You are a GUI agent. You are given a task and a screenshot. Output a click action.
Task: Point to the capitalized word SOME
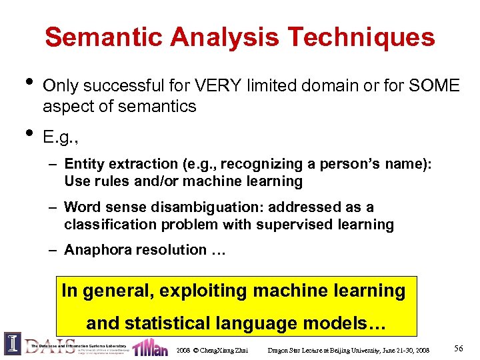coord(435,86)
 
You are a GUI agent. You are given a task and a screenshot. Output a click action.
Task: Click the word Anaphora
coord(97,250)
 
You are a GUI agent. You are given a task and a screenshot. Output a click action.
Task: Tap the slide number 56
coord(458,349)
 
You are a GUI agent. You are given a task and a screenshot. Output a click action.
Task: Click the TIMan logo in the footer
coord(150,347)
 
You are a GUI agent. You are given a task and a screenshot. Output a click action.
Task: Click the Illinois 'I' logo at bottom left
coord(12,345)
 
